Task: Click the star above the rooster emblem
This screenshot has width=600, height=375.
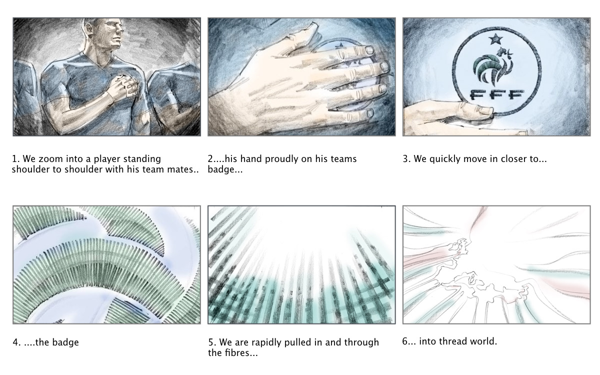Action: coord(495,39)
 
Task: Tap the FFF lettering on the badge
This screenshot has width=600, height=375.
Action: coord(497,94)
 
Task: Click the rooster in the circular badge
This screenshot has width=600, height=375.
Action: coord(493,65)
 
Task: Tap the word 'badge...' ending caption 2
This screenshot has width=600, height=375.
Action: coord(225,169)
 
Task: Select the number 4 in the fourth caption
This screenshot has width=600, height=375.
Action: coord(16,342)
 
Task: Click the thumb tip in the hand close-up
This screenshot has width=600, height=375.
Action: coord(312,25)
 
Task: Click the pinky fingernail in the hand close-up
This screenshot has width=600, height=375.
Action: coord(369,113)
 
